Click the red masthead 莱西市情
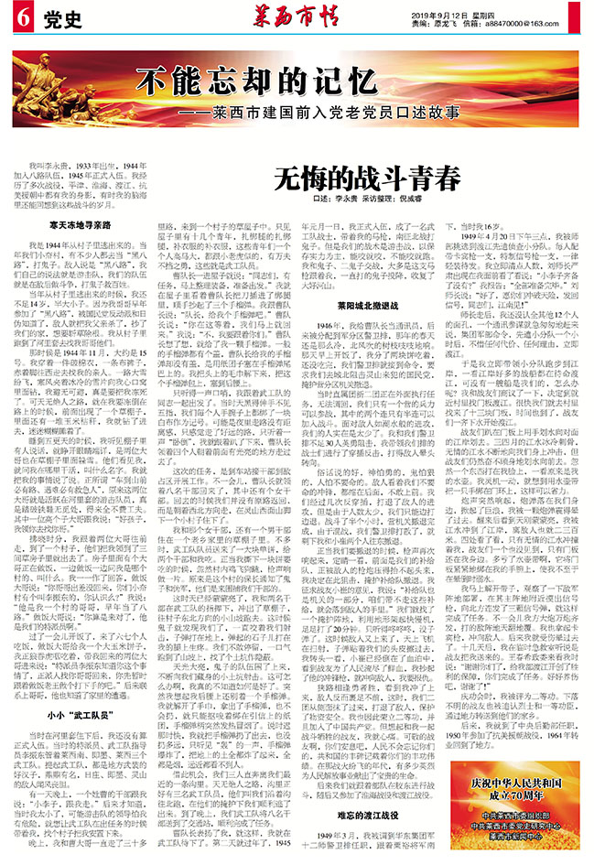click(x=296, y=16)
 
